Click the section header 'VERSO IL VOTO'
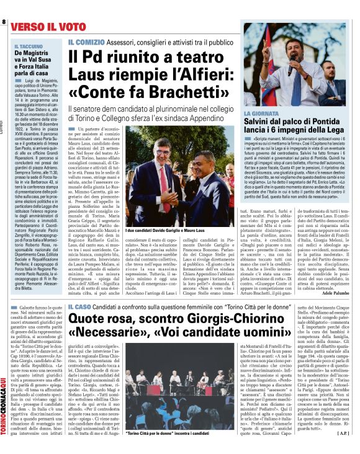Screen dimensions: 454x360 (x=43, y=27)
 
